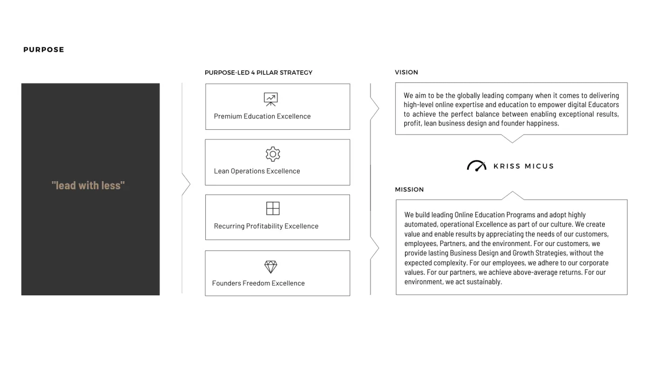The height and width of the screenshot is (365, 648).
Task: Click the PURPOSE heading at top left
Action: pyautogui.click(x=44, y=50)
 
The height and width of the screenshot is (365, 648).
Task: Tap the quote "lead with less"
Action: pyautogui.click(x=88, y=185)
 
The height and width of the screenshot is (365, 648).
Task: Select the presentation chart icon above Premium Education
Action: pyautogui.click(x=271, y=99)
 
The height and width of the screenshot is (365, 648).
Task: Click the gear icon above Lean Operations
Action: pyautogui.click(x=273, y=154)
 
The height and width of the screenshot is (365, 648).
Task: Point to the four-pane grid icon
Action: pyautogui.click(x=273, y=209)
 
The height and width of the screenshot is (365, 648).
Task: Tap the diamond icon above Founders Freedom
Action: pyautogui.click(x=271, y=267)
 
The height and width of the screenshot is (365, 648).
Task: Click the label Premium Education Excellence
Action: pyautogui.click(x=262, y=116)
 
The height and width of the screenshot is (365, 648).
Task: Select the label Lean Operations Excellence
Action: pyautogui.click(x=256, y=171)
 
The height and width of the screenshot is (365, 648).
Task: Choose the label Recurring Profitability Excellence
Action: pyautogui.click(x=266, y=226)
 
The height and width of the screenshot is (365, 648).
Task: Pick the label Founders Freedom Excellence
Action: pyautogui.click(x=258, y=283)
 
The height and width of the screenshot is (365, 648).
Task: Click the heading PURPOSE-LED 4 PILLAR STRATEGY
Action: pyautogui.click(x=258, y=72)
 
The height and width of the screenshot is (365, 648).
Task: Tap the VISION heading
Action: pyautogui.click(x=406, y=72)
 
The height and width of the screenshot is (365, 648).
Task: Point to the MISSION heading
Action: pyautogui.click(x=409, y=190)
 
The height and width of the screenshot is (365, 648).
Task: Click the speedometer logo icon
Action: pyautogui.click(x=476, y=166)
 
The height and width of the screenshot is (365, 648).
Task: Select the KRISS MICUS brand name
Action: pyautogui.click(x=523, y=167)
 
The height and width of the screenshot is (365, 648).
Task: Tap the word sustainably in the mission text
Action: pyautogui.click(x=480, y=282)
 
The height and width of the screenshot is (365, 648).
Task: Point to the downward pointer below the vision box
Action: pyautogui.click(x=511, y=139)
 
